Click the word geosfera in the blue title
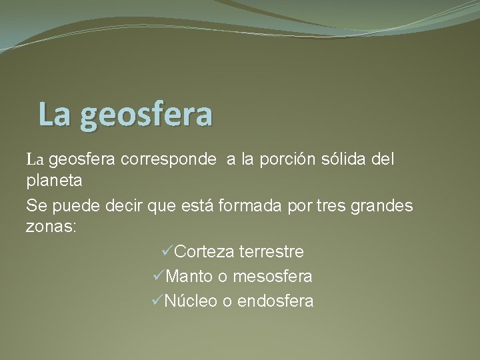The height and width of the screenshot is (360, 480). click(146, 115)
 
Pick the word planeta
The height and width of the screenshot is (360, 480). click(55, 180)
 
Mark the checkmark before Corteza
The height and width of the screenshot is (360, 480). click(167, 251)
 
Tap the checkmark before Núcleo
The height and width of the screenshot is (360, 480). click(158, 301)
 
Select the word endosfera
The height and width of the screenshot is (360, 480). click(275, 301)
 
